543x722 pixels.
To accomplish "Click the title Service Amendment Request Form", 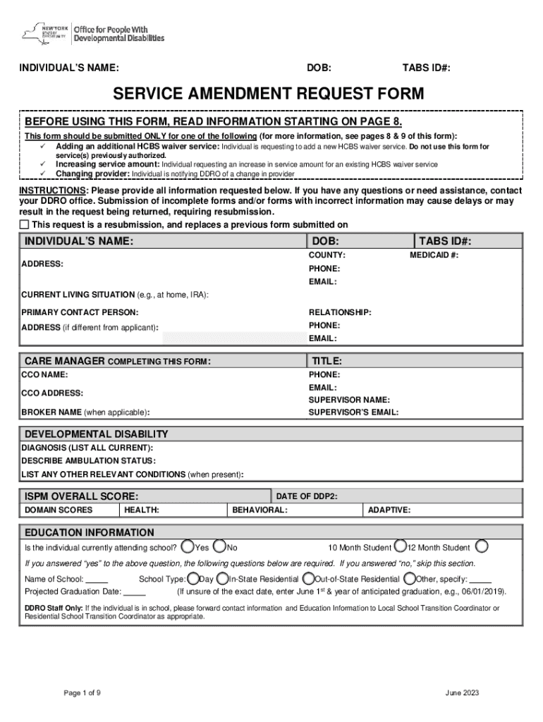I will (271, 94).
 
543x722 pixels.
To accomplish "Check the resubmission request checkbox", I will (25, 225).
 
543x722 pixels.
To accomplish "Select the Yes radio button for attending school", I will (188, 546).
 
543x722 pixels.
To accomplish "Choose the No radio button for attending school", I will (220, 546).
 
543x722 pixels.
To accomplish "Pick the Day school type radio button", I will (193, 578).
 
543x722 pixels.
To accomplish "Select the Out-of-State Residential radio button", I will (308, 578).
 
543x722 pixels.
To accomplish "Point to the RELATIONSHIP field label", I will (340, 312).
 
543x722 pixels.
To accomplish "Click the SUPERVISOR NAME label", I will (349, 400).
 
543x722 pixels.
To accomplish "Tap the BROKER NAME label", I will (85, 412).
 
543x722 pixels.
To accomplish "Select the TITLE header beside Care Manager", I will (327, 361).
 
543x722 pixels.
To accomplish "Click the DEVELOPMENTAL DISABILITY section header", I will (97, 434).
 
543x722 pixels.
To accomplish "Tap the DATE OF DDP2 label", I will (306, 496).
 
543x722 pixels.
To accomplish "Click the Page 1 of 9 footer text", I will (82, 693).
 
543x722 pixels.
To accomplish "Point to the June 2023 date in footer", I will (462, 693).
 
